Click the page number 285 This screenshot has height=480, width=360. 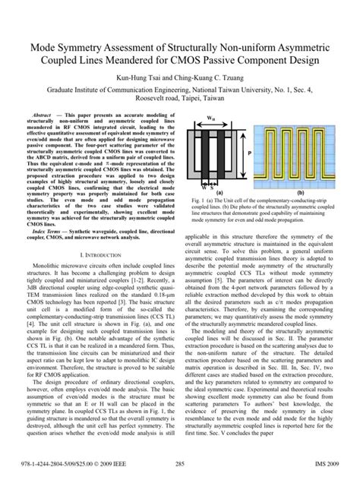180,463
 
